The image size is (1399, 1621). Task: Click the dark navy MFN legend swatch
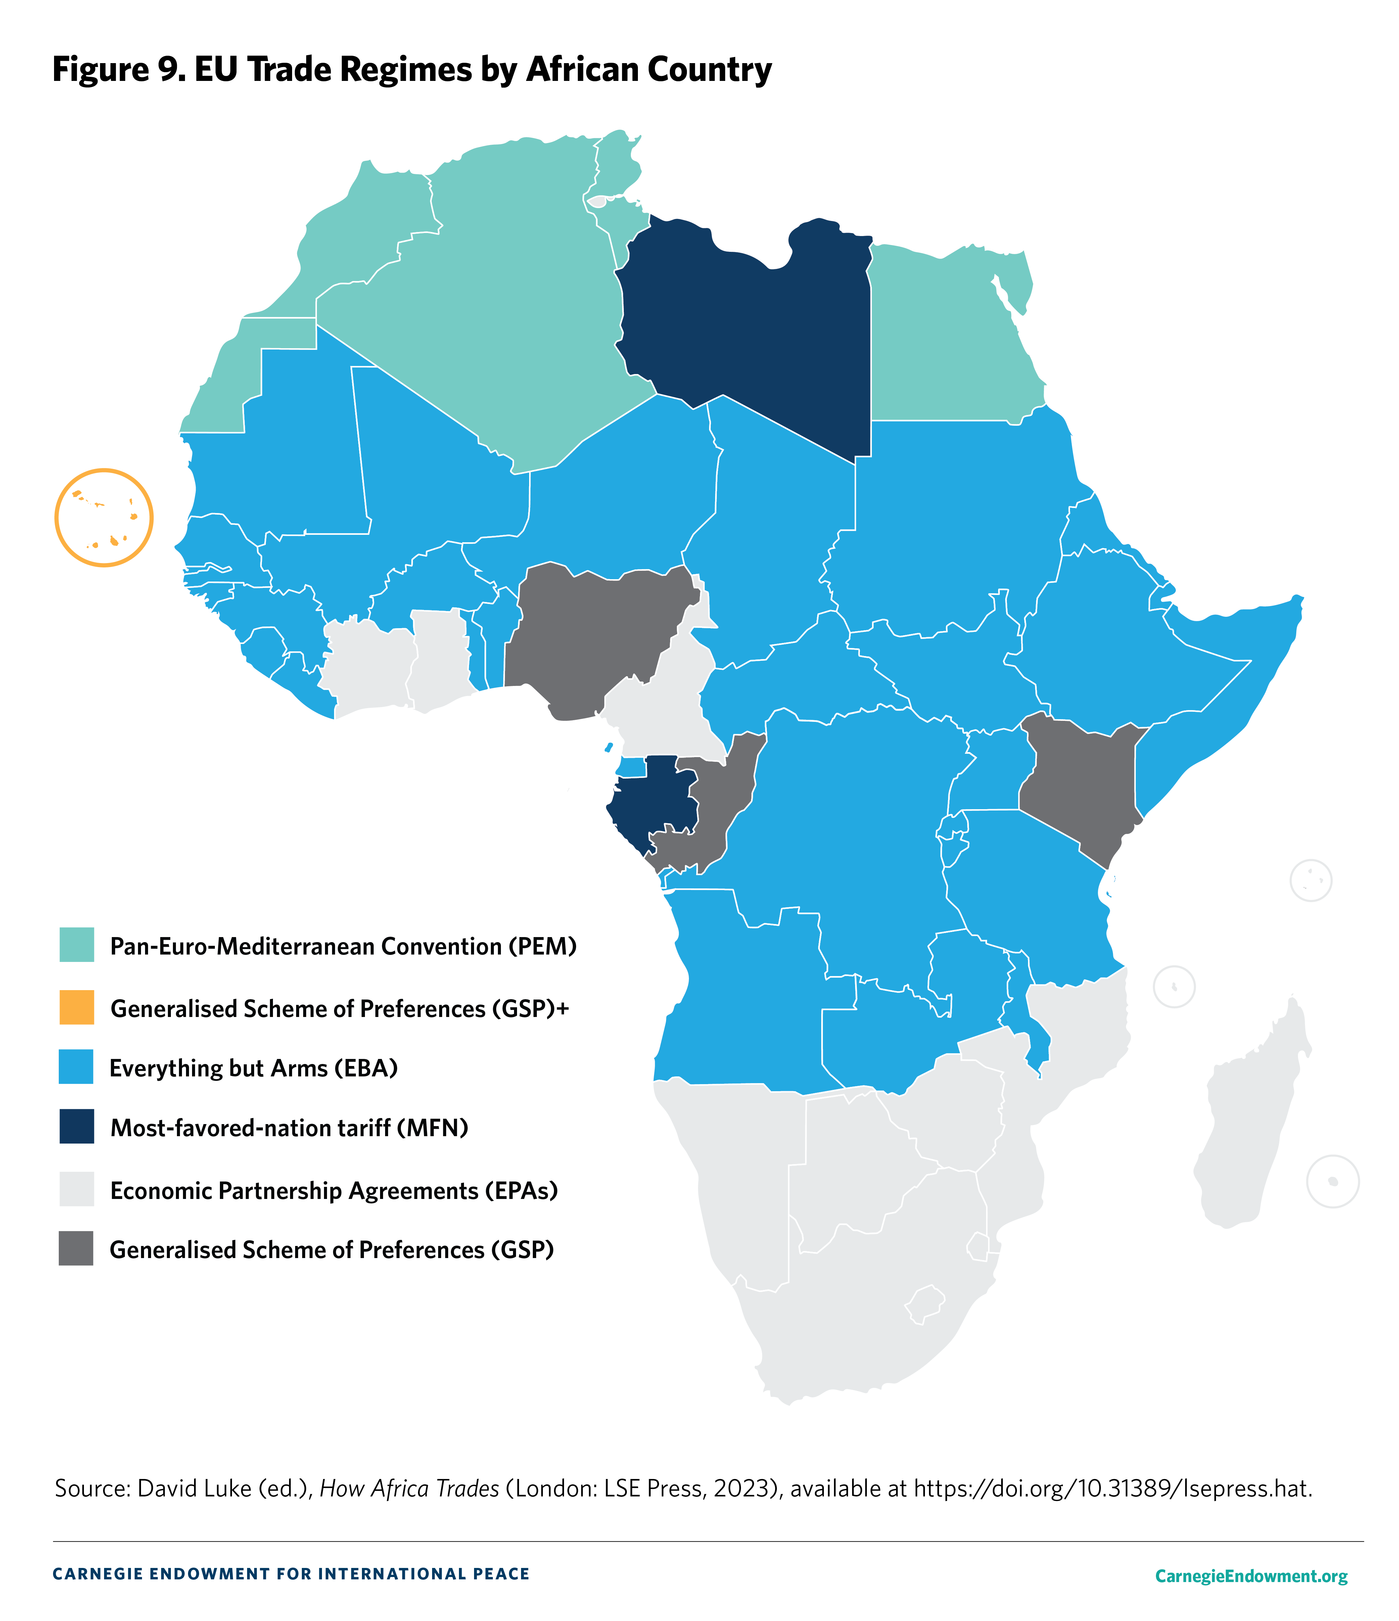[77, 1126]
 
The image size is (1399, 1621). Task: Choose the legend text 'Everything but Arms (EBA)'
[253, 1068]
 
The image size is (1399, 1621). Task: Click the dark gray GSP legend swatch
[77, 1249]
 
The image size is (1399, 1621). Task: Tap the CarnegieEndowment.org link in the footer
[1250, 1576]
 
